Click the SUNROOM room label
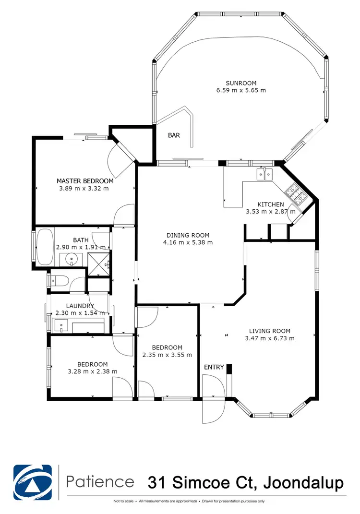click(241, 83)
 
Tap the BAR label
click(174, 135)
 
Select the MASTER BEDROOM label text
click(85, 181)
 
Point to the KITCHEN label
click(271, 204)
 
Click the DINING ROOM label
click(188, 235)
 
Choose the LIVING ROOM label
click(269, 331)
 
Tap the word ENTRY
click(214, 367)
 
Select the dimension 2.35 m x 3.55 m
click(167, 355)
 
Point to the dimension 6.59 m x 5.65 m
click(241, 90)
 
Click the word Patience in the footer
click(100, 481)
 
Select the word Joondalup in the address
click(305, 482)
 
